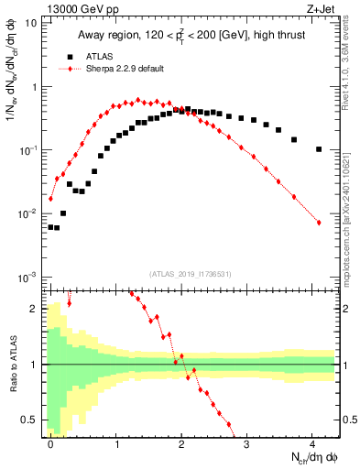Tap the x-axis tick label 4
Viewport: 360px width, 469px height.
pyautogui.click(x=312, y=442)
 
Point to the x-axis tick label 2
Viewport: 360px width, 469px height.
pyautogui.click(x=181, y=442)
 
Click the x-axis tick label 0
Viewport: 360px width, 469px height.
pyautogui.click(x=50, y=442)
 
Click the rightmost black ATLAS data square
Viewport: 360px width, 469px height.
pyautogui.click(x=319, y=149)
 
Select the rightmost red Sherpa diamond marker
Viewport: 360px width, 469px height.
pyautogui.click(x=319, y=223)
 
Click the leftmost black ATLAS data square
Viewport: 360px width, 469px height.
pyautogui.click(x=50, y=226)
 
